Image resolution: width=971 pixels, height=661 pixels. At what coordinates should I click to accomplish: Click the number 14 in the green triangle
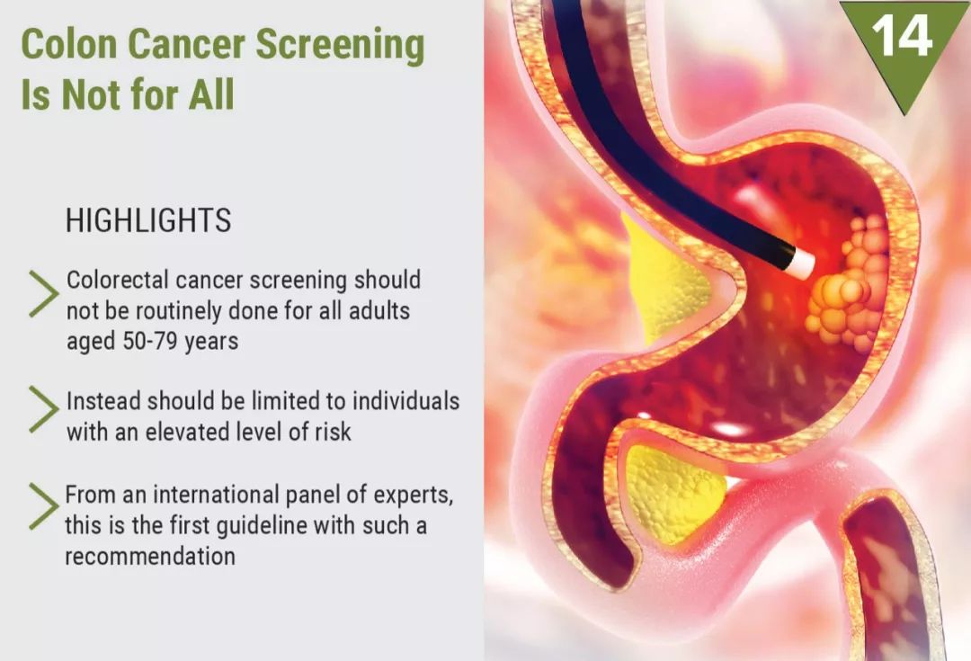pyautogui.click(x=902, y=35)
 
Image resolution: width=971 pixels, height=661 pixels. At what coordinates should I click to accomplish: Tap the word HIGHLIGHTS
pyautogui.click(x=148, y=220)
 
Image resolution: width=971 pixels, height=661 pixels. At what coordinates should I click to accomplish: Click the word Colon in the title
pyautogui.click(x=68, y=45)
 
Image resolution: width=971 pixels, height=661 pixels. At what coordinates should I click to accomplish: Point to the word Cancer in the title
pyautogui.click(x=186, y=45)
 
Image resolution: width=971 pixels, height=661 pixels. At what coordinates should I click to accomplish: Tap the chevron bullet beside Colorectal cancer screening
pyautogui.click(x=43, y=294)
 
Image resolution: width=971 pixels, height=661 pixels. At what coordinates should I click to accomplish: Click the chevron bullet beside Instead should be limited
pyautogui.click(x=43, y=409)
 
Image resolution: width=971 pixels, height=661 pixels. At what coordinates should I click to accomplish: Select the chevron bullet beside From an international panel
pyautogui.click(x=43, y=506)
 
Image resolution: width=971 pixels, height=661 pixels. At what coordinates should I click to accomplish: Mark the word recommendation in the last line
pyautogui.click(x=150, y=557)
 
